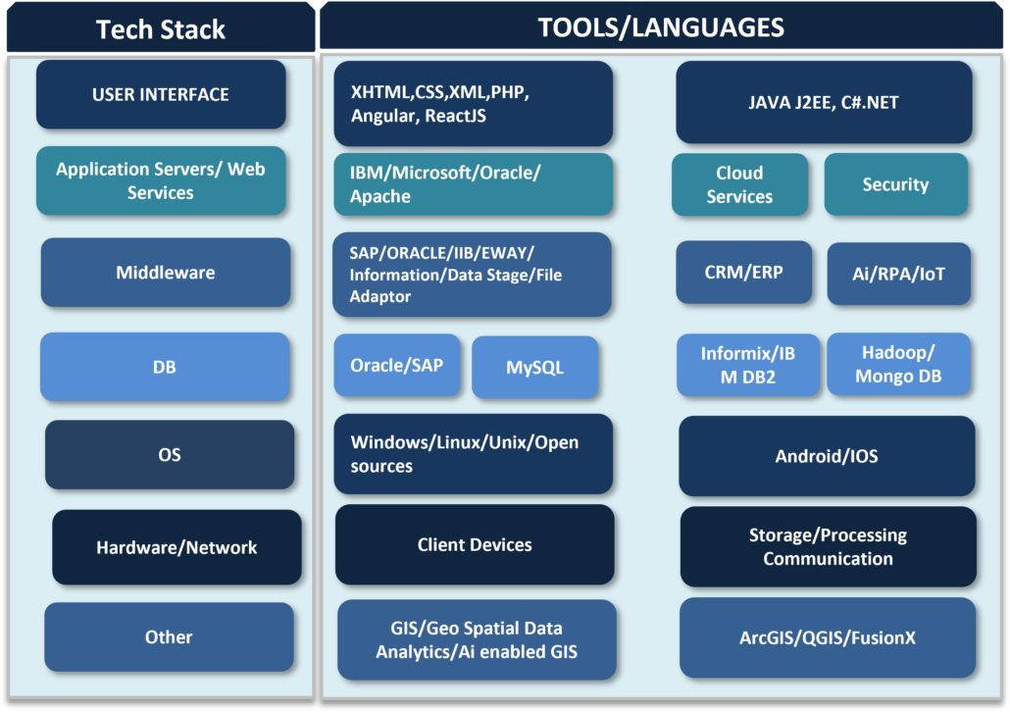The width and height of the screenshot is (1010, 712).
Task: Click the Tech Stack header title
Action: [x=161, y=29]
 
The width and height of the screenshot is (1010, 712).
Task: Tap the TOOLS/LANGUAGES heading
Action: [x=661, y=27]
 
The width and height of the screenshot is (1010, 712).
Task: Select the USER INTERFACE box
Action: [x=161, y=94]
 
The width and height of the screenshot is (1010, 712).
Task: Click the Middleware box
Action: [x=166, y=272]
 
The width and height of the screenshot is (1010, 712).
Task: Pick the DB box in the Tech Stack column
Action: [x=165, y=367]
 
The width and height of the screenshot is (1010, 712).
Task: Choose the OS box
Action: [x=170, y=454]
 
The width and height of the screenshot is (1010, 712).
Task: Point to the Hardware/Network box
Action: [x=177, y=547]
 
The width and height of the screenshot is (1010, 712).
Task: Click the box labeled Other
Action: [x=169, y=636]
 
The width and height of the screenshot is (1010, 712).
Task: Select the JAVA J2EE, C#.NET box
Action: [x=824, y=102]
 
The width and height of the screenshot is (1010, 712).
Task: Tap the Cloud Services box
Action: [x=739, y=184]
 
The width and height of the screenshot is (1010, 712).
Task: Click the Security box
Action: [x=896, y=184]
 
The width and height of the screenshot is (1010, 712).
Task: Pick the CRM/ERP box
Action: [x=744, y=272]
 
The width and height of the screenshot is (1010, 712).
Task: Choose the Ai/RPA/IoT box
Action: [x=898, y=274]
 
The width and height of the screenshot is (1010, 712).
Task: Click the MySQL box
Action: [x=534, y=367]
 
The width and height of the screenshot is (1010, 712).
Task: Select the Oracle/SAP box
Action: [x=397, y=366]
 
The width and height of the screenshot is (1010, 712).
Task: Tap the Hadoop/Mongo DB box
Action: [x=898, y=364]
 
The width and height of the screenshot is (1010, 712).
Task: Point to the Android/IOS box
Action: [x=827, y=456]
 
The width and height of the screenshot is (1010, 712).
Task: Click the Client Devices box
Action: [x=475, y=544]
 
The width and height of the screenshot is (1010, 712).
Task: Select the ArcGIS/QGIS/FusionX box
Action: [x=828, y=637]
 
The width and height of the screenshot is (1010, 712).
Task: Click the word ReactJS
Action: [x=455, y=116]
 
